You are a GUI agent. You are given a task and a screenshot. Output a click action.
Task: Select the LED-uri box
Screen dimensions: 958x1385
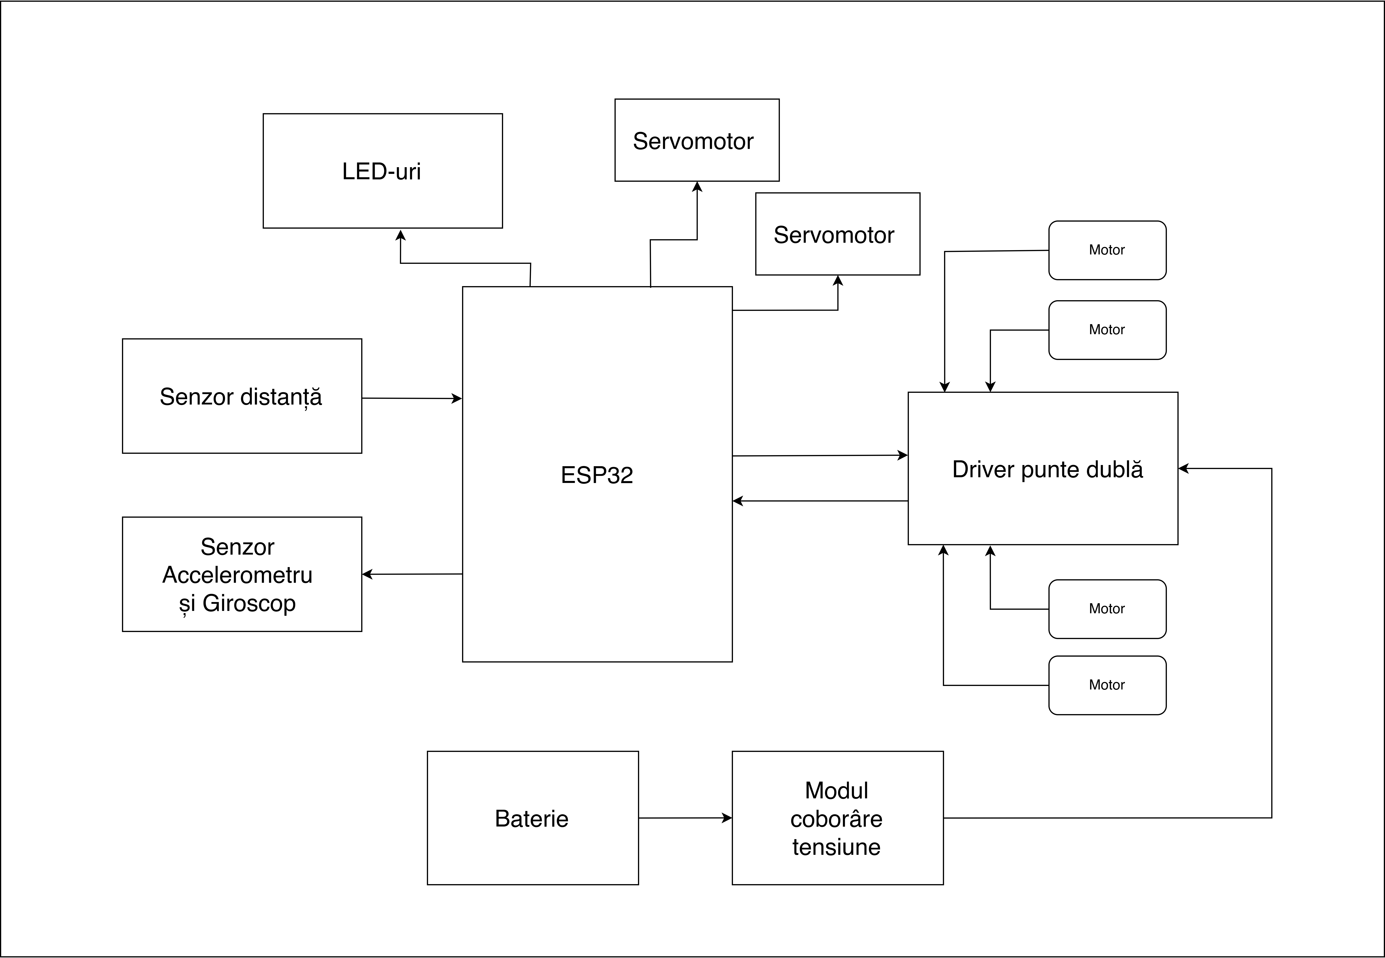click(382, 171)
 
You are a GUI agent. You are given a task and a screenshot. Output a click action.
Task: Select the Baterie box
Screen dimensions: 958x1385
click(532, 818)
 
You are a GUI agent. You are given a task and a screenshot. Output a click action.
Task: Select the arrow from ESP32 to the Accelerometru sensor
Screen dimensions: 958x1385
click(412, 574)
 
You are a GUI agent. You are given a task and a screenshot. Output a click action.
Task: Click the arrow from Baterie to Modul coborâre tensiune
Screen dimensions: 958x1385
click(685, 817)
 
